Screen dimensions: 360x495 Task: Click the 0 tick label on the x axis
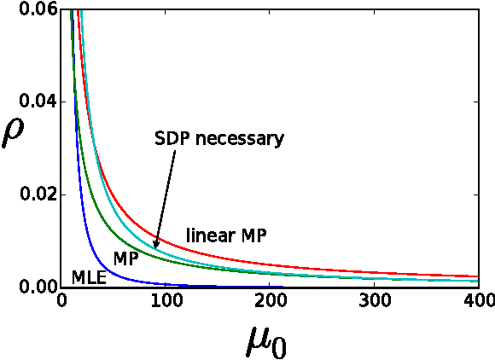tap(61, 302)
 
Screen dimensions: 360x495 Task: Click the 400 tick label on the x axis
tap(479, 302)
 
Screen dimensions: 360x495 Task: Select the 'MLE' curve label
tap(90, 277)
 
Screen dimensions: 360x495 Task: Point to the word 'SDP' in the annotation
tap(172, 138)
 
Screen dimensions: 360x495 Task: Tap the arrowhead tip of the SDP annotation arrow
tap(155, 249)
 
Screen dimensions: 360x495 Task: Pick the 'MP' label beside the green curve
tap(126, 258)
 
